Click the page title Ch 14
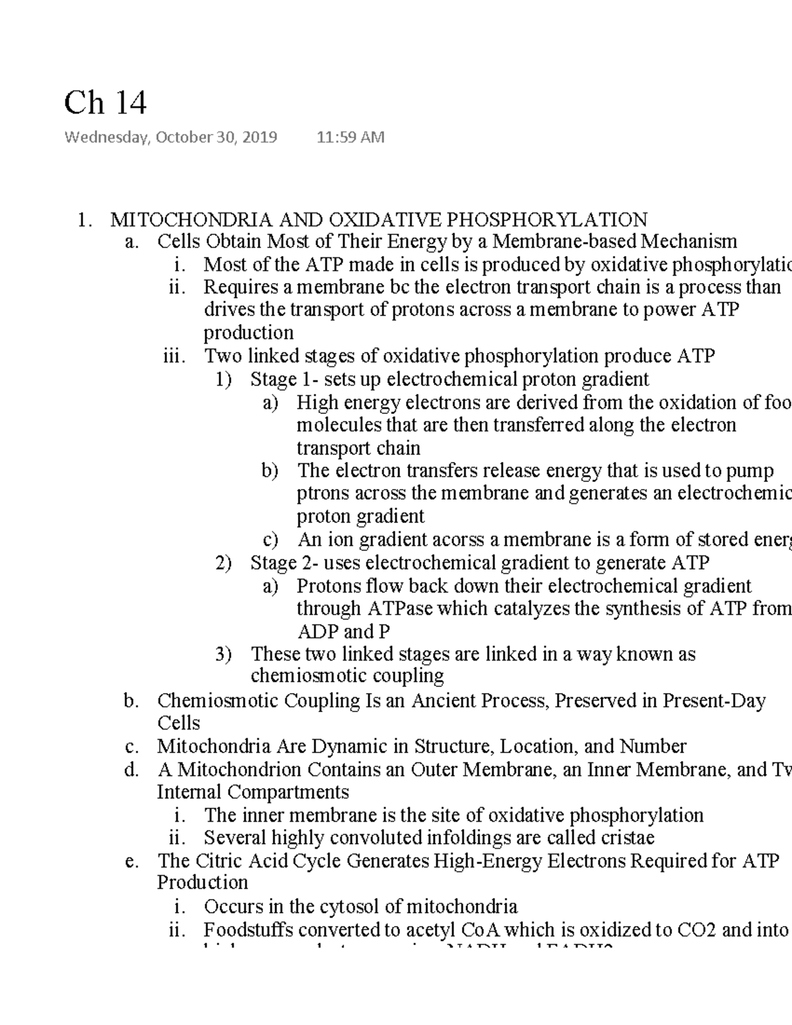[105, 103]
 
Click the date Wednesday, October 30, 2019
[170, 137]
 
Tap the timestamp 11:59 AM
[350, 137]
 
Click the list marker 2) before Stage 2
[223, 563]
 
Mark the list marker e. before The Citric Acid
[131, 861]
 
